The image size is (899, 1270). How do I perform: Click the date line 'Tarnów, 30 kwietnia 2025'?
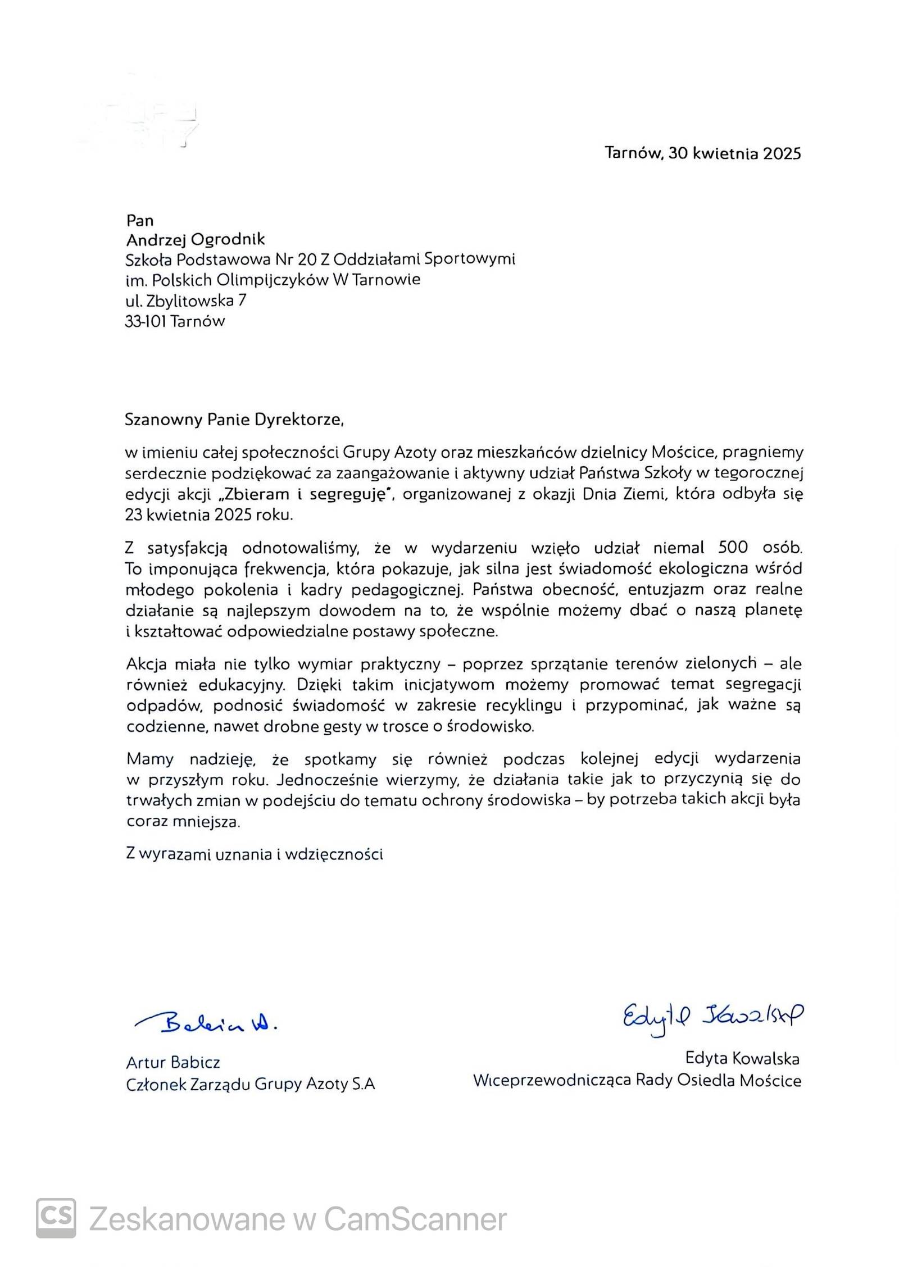tap(702, 153)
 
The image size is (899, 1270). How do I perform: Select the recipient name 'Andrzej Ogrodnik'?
tap(196, 240)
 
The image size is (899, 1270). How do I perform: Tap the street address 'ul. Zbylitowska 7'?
tap(186, 301)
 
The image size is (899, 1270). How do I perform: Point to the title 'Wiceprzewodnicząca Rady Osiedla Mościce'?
tap(637, 1080)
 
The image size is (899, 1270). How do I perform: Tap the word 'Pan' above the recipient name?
tap(140, 220)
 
